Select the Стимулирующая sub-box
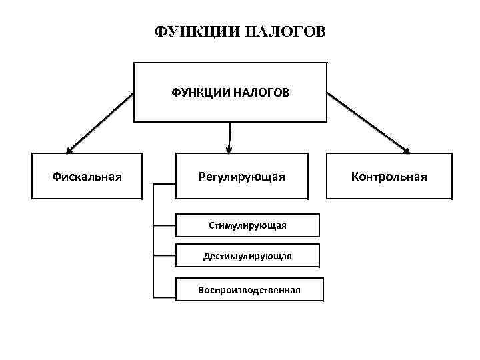tap(247, 225)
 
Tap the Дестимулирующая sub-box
tap(247, 256)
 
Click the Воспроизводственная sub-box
tap(249, 290)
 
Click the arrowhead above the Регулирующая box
tap(229, 148)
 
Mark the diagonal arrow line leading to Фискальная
tap(100, 122)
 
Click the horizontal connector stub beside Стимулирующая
tap(164, 226)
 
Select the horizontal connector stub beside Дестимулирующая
tap(164, 255)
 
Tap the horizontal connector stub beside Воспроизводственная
tap(164, 295)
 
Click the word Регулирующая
tap(242, 177)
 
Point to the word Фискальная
tap(87, 177)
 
